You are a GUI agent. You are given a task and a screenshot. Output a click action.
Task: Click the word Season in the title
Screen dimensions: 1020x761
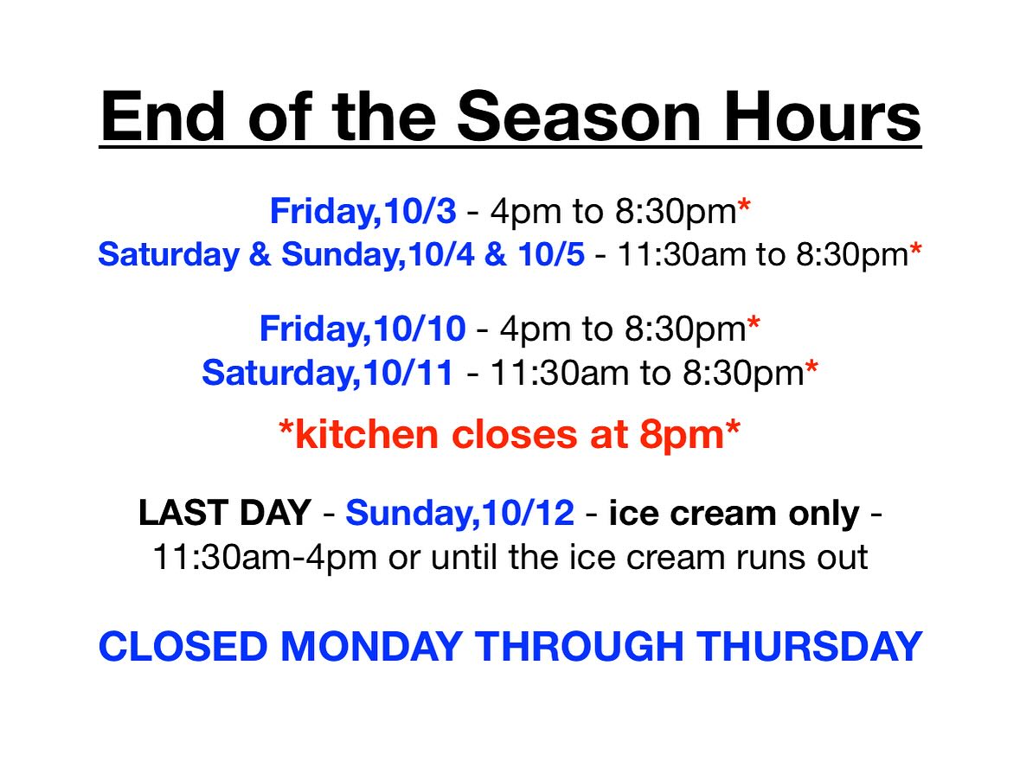point(579,117)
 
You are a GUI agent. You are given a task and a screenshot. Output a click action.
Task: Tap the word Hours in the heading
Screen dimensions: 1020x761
point(823,117)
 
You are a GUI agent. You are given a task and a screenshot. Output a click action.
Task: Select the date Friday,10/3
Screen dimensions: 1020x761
point(363,211)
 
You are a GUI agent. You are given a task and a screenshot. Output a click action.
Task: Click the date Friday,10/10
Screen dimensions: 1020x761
point(362,329)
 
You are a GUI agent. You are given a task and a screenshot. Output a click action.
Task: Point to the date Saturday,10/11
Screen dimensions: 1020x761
point(327,374)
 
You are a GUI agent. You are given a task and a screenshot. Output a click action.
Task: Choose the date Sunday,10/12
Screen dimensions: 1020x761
point(460,513)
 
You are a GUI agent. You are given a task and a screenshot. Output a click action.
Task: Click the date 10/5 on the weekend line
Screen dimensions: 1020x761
point(552,254)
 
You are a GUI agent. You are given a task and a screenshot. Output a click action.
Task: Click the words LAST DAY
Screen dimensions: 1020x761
point(224,513)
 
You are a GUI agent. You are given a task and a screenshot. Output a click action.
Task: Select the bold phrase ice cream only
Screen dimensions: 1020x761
point(735,514)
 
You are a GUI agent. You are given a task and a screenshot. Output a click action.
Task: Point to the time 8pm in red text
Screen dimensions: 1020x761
point(682,435)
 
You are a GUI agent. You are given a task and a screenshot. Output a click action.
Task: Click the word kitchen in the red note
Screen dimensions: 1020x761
point(366,434)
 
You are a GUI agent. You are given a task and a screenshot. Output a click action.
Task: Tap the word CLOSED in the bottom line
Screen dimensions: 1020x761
point(183,647)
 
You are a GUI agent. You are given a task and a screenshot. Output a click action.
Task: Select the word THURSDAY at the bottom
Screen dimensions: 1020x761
point(809,647)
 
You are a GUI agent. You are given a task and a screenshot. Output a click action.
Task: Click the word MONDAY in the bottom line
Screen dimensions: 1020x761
point(371,647)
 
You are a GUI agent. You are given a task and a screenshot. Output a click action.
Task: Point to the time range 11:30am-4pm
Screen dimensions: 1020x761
point(265,558)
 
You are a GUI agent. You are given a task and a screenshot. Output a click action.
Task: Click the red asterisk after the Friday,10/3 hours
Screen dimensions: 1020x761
point(744,208)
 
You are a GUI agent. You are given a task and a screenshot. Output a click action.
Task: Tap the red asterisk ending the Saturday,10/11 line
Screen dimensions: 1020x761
point(812,368)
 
